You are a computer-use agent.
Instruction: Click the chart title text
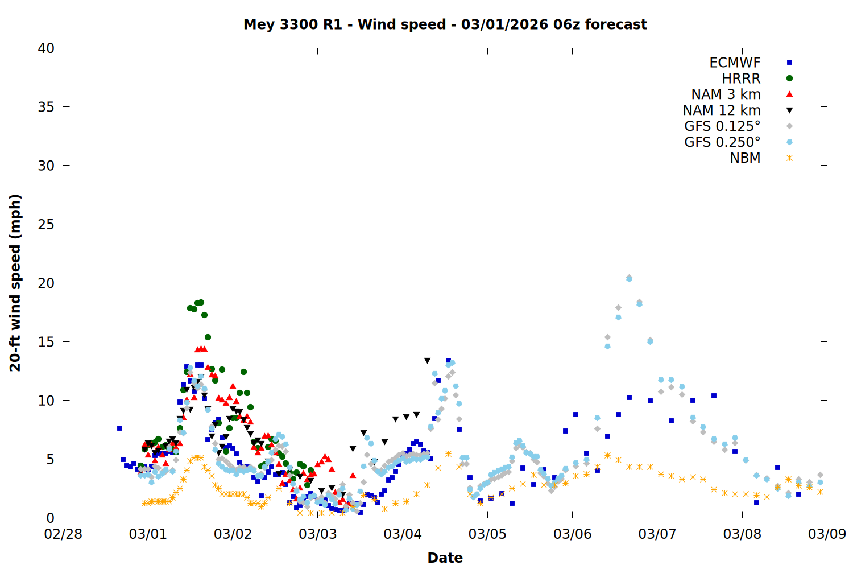[x=445, y=24]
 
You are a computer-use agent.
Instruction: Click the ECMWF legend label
[x=735, y=63]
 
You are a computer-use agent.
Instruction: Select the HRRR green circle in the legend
[x=789, y=79]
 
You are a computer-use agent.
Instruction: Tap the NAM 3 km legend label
[x=726, y=94]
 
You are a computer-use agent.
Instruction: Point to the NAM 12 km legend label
[x=722, y=110]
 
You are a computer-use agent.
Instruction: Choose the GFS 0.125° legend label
[x=722, y=126]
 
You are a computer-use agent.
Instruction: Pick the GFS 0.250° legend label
[x=722, y=142]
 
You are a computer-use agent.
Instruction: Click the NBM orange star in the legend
[x=789, y=158]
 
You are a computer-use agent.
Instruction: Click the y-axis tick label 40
[x=46, y=49]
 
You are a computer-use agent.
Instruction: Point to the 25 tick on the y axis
[x=46, y=225]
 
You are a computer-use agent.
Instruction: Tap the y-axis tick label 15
[x=46, y=342]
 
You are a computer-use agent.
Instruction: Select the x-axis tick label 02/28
[x=63, y=534]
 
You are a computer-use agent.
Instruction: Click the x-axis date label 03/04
[x=403, y=534]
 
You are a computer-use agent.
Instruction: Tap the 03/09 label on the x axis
[x=827, y=534]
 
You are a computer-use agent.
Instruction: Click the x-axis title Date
[x=445, y=558]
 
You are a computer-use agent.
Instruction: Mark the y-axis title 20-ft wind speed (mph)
[x=15, y=283]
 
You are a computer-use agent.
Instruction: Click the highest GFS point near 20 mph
[x=629, y=278]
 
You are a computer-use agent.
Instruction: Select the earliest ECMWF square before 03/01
[x=119, y=428]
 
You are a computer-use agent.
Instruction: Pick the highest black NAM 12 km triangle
[x=427, y=361]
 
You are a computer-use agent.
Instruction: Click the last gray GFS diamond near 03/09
[x=820, y=475]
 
